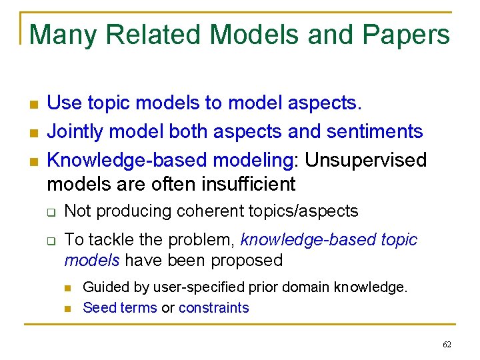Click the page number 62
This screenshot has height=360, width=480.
(x=447, y=344)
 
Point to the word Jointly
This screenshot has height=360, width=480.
(x=75, y=131)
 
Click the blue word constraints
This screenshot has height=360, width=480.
(x=213, y=307)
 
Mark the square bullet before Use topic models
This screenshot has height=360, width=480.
(x=33, y=104)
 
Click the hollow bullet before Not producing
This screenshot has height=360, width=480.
(x=51, y=213)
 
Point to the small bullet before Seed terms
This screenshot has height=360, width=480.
(x=68, y=308)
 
